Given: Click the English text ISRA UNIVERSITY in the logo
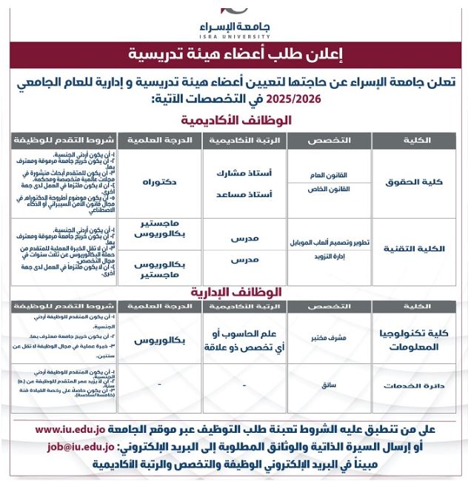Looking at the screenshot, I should click(235, 34).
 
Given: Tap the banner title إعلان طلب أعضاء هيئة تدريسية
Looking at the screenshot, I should click(235, 54).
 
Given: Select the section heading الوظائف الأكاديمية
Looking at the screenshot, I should click(235, 120).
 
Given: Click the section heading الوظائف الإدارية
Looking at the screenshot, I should click(235, 292).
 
